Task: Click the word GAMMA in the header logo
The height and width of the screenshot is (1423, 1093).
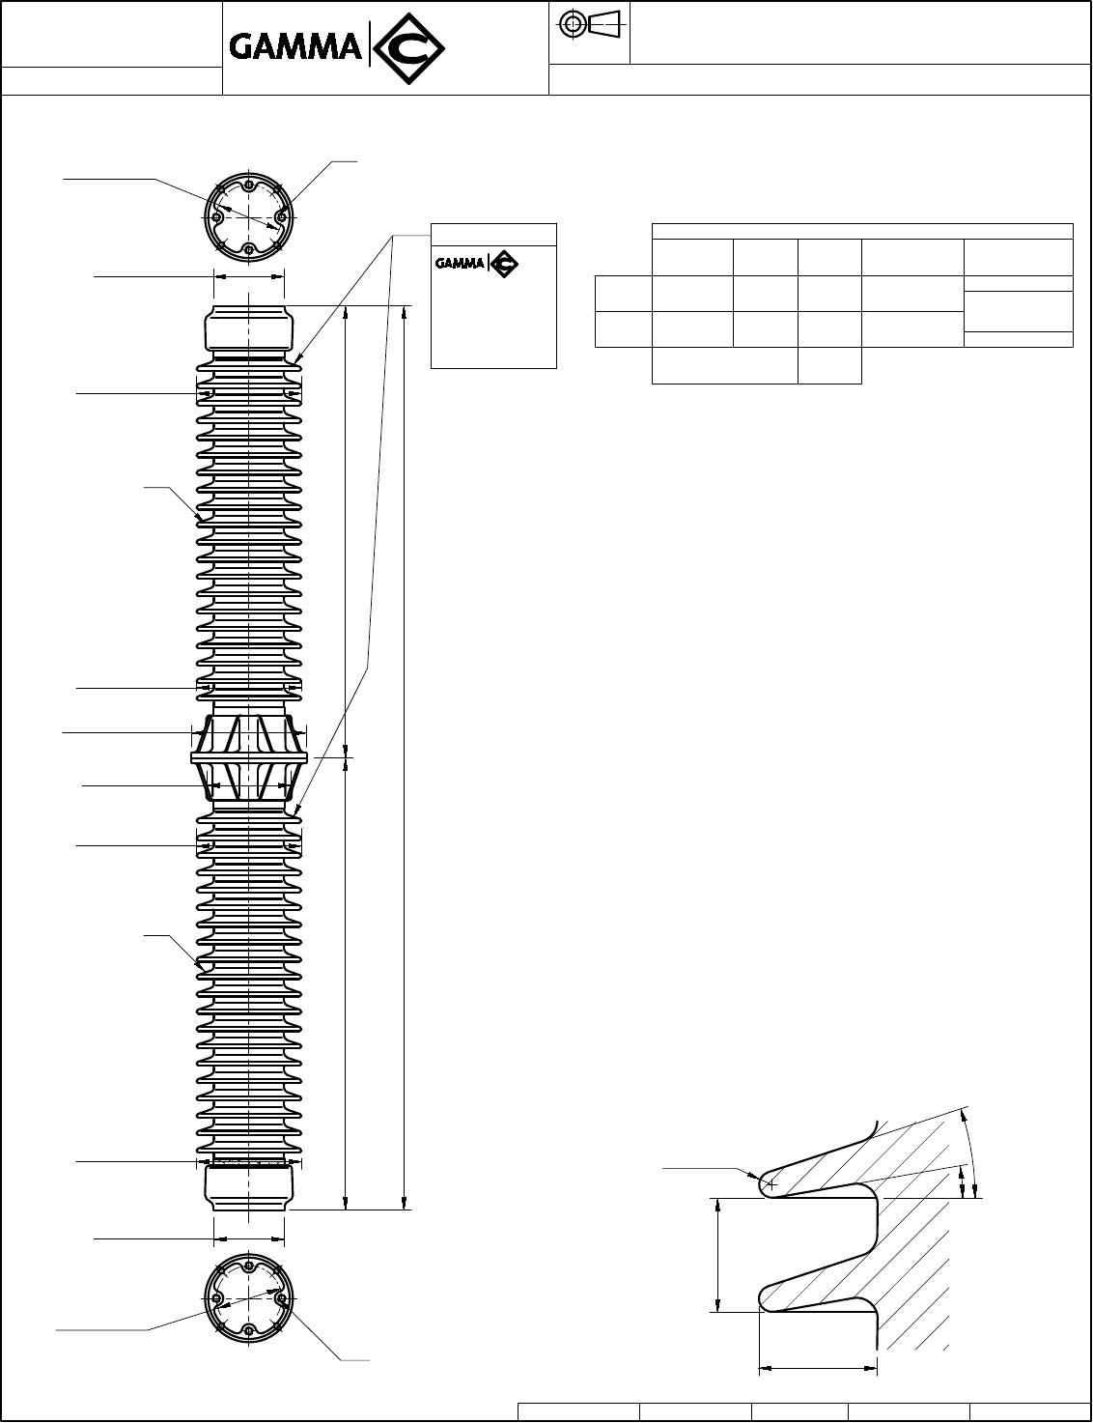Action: [294, 47]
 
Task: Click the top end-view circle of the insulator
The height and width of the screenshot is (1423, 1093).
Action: [249, 217]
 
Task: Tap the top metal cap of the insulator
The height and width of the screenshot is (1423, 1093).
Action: [249, 328]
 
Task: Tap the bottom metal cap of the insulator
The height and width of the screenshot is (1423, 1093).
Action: [249, 1186]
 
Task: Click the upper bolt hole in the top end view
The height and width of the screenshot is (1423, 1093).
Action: [249, 185]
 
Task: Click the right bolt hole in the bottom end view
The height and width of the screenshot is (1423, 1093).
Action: [282, 1299]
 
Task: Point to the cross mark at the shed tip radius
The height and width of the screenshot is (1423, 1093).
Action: [771, 1183]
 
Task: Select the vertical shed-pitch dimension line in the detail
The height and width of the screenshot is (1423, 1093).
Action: [717, 1255]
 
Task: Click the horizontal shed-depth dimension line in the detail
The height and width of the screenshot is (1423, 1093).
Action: [818, 1368]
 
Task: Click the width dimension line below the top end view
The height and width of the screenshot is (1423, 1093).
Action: [249, 275]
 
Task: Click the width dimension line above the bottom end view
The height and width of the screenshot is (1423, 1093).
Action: [249, 1237]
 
